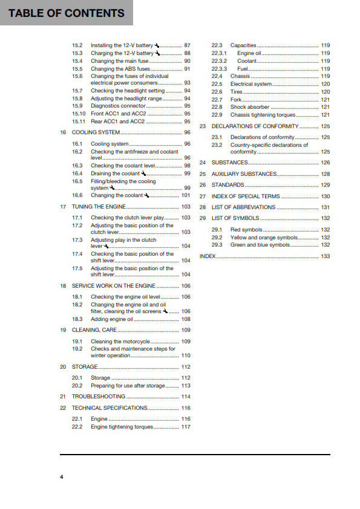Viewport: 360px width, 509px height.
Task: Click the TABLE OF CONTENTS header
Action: click(67, 13)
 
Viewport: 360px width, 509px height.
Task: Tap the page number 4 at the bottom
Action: click(61, 478)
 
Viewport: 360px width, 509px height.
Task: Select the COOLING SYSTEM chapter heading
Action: click(96, 132)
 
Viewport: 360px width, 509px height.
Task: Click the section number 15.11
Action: click(79, 122)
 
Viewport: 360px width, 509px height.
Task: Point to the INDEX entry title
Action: click(208, 256)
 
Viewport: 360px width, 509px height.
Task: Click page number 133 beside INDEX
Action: click(326, 256)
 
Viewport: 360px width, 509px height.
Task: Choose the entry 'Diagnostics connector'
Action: click(118, 106)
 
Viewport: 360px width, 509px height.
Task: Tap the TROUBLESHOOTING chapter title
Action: click(99, 397)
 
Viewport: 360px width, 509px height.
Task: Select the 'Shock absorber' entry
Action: click(250, 107)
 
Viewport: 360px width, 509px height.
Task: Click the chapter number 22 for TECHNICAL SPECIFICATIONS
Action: click(63, 408)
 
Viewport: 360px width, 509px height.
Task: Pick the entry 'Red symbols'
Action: click(244, 230)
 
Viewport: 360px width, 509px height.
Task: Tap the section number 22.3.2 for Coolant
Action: click(219, 61)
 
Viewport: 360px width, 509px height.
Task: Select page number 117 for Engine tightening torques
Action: click(186, 427)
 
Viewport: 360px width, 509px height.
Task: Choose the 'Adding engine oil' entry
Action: click(112, 319)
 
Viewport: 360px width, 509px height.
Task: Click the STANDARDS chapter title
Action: click(228, 185)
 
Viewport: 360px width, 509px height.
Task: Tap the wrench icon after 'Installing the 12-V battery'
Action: click(157, 45)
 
